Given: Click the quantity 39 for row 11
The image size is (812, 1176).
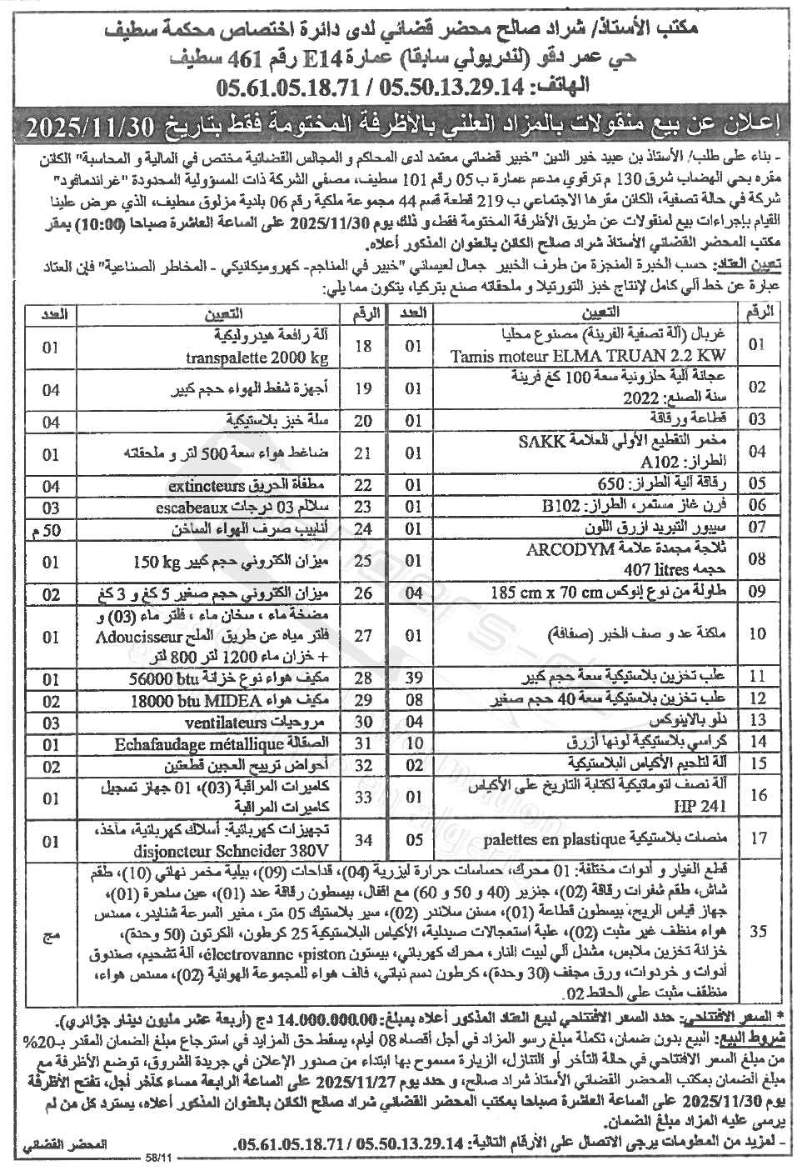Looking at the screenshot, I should tap(414, 673).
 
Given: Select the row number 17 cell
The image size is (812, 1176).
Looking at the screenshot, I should tap(757, 838).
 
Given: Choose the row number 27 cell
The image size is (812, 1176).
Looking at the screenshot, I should tap(364, 637).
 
